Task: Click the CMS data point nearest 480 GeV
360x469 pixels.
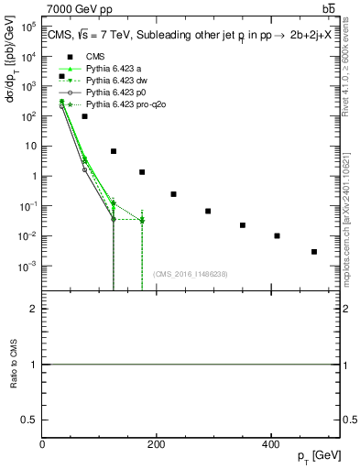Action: pos(314,252)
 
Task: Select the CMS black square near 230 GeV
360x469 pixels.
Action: pos(173,194)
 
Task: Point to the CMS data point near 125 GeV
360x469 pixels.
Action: pos(114,151)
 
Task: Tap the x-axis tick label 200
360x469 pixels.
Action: pos(156,445)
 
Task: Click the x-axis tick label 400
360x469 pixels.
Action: pos(270,445)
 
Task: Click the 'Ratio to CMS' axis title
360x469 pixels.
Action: pos(12,365)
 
